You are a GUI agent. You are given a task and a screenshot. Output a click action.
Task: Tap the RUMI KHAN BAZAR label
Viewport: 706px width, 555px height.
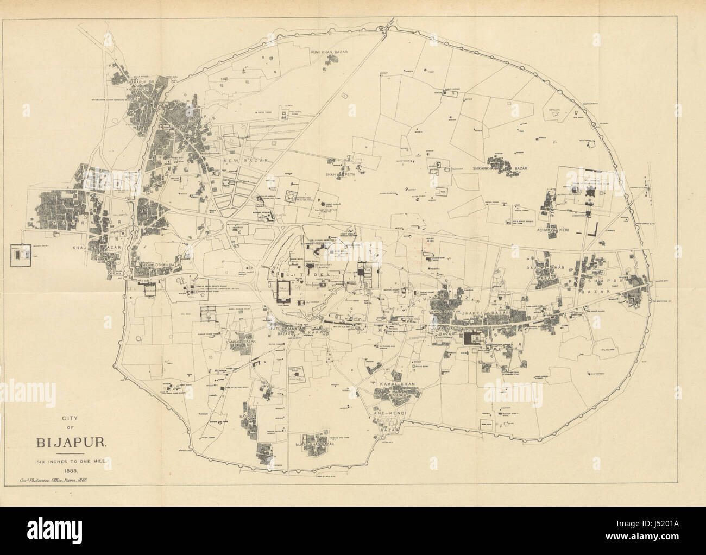point(329,52)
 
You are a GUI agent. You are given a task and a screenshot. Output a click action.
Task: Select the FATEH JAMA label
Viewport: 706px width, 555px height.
point(282,328)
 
